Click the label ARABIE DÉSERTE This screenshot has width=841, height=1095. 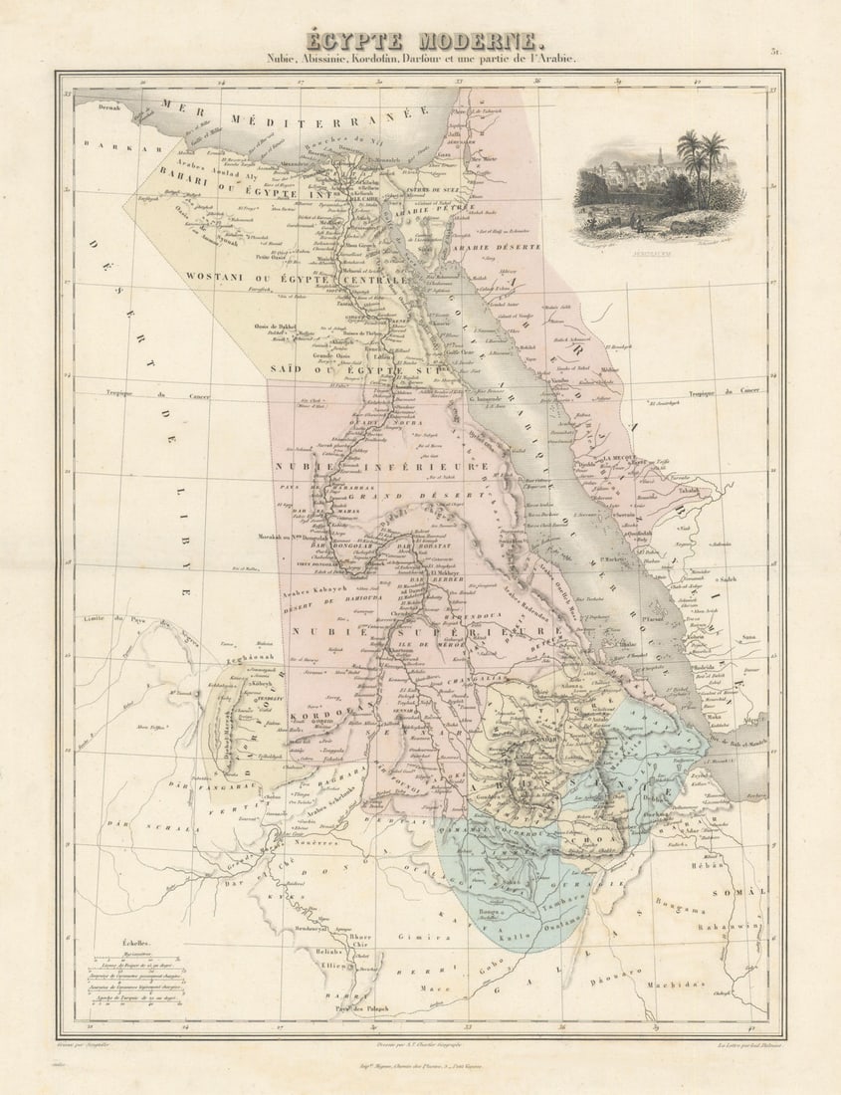click(x=497, y=246)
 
